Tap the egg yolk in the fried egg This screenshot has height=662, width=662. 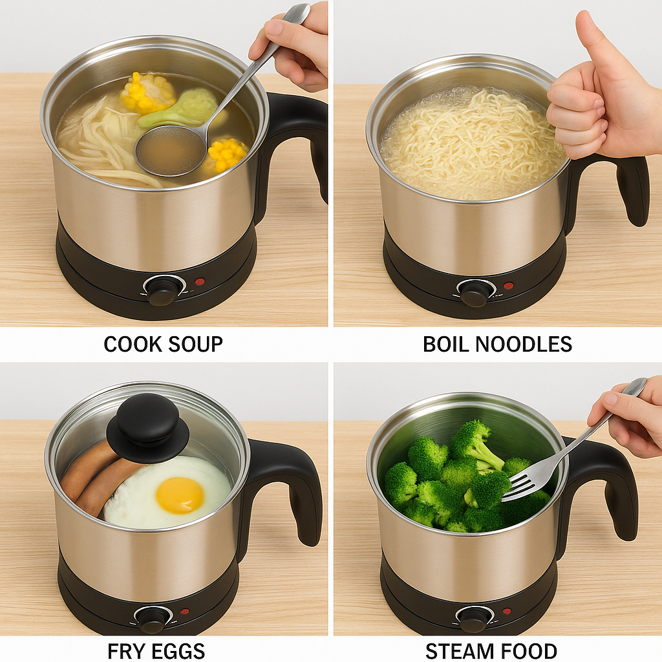coord(180,495)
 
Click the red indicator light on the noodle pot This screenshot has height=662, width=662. coord(508,285)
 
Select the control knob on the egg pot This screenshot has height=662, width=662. coord(153,619)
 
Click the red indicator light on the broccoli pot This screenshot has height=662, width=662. coord(506,611)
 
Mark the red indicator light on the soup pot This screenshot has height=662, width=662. coord(200,282)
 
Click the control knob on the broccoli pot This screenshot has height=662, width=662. coord(474,618)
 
